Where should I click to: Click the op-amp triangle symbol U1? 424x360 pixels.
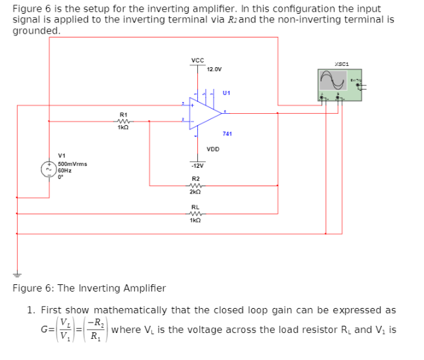[x=204, y=113]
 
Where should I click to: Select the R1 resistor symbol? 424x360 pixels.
[x=122, y=120]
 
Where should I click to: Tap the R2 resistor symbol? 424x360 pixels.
[x=195, y=186]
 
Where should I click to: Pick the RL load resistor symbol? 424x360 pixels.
[x=195, y=213]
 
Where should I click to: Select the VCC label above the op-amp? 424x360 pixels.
[x=197, y=61]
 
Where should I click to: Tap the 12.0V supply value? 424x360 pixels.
[x=214, y=69]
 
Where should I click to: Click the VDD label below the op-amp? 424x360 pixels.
[x=213, y=149]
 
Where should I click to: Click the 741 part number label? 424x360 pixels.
[x=227, y=134]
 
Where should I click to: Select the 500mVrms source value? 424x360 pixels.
[x=72, y=163]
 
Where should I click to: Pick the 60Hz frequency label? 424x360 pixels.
[x=64, y=170]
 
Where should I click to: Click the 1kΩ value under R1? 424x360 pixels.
[x=122, y=127]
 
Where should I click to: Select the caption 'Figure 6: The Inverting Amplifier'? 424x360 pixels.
[x=89, y=288]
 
